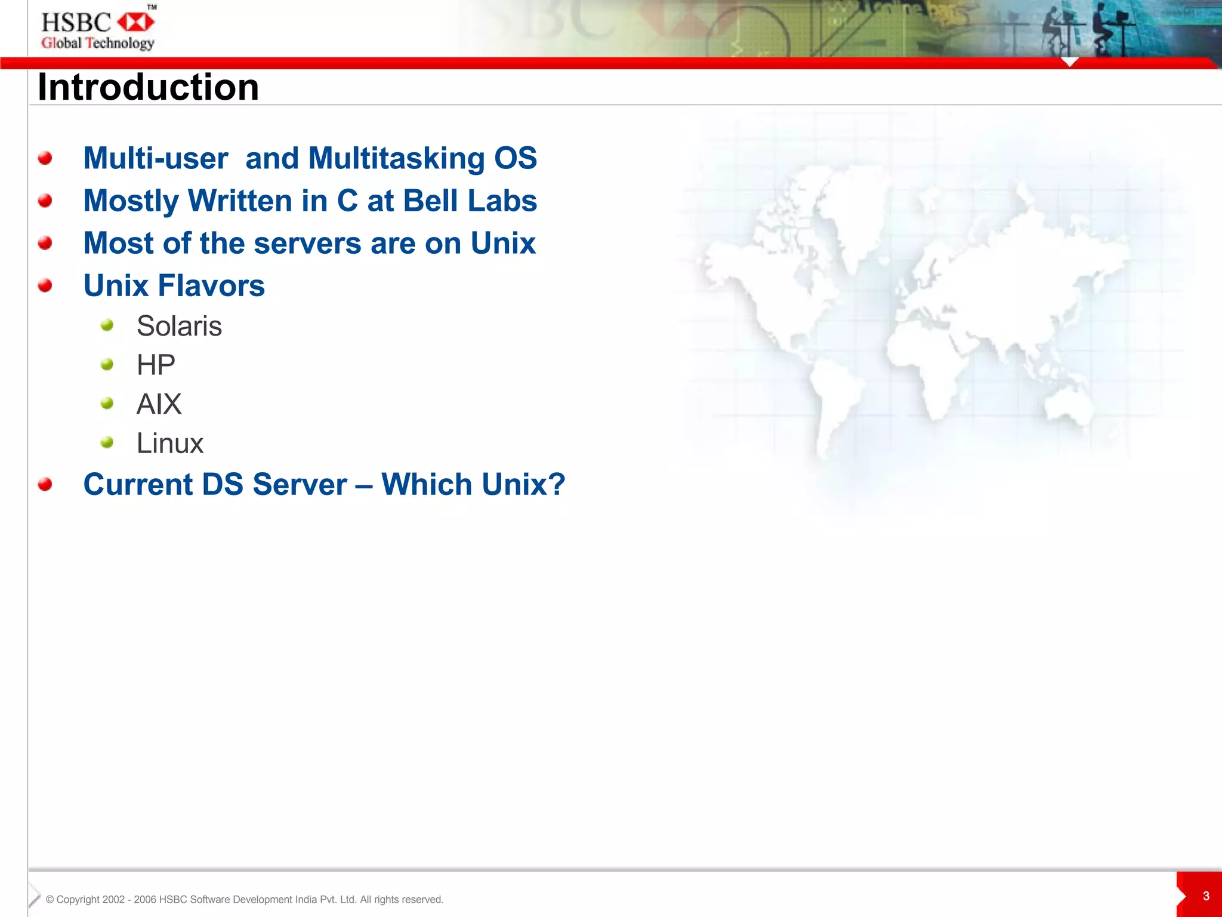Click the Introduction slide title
tap(148, 87)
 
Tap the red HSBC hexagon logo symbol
tap(135, 23)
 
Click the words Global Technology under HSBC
tap(97, 43)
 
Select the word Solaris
tap(179, 326)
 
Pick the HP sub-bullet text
tap(156, 365)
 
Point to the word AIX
tap(159, 404)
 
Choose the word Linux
tap(170, 444)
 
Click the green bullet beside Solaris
tap(107, 325)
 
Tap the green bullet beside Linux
tap(107, 442)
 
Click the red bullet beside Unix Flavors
tap(45, 286)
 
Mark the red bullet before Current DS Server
tap(45, 484)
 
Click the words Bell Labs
tap(470, 201)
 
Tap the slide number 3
tap(1206, 896)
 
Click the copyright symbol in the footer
tap(50, 900)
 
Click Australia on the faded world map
tap(1068, 406)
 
